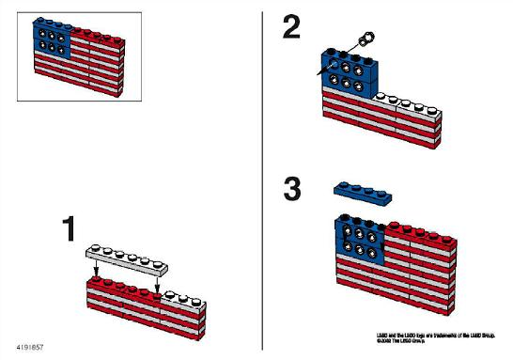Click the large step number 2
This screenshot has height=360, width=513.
(x=292, y=29)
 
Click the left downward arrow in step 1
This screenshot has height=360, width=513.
(x=96, y=273)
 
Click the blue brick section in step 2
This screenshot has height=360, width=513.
(x=348, y=73)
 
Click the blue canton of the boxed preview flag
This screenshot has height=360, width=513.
(x=53, y=35)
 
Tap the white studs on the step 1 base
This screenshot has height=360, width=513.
(x=183, y=295)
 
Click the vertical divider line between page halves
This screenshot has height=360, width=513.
(x=262, y=179)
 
